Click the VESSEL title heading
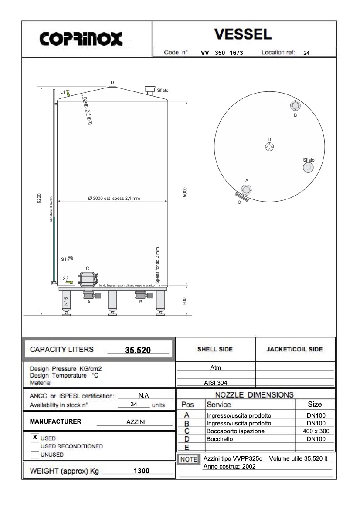pyautogui.click(x=243, y=34)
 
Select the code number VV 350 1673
pyautogui.click(x=221, y=53)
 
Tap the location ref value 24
pyautogui.click(x=306, y=53)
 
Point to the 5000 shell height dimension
pyautogui.click(x=185, y=192)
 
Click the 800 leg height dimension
pyautogui.click(x=185, y=301)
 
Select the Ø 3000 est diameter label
pyautogui.click(x=113, y=199)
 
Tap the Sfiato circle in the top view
pyautogui.click(x=308, y=168)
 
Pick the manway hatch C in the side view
pyautogui.click(x=88, y=279)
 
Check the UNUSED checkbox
pyautogui.click(x=35, y=455)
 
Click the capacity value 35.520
pyautogui.click(x=138, y=350)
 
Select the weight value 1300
pyautogui.click(x=141, y=471)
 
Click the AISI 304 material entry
pyautogui.click(x=215, y=383)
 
